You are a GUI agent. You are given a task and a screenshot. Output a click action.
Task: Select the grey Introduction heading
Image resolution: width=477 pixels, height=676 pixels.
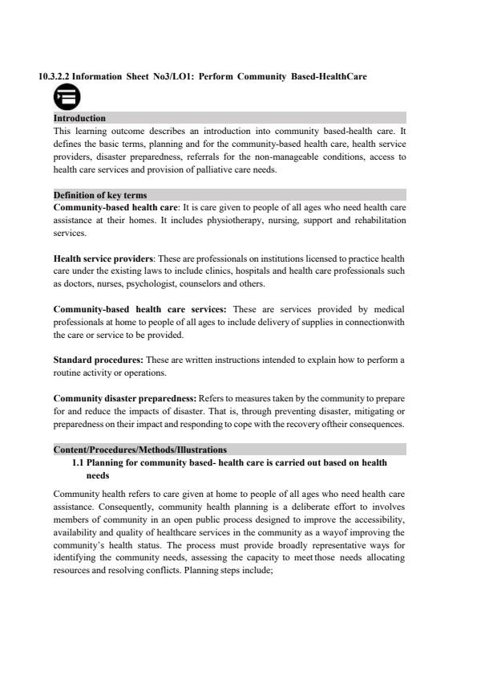coord(79,118)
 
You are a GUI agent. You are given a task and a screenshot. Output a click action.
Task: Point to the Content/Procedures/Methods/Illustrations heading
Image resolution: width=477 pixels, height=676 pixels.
coord(139,450)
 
